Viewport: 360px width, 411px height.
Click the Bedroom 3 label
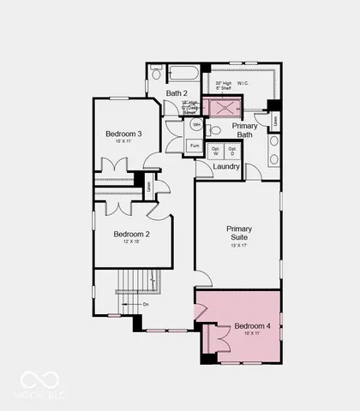click(x=123, y=134)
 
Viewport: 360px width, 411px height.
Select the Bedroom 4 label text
click(x=252, y=326)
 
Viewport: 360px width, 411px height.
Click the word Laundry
click(x=226, y=166)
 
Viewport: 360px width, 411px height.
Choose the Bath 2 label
click(x=177, y=92)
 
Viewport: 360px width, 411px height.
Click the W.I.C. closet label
click(x=261, y=83)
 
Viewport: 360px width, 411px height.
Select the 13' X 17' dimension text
click(x=238, y=247)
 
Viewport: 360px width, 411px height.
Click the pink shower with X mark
click(x=228, y=107)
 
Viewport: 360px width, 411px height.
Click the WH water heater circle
click(x=196, y=125)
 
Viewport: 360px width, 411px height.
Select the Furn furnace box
click(x=196, y=146)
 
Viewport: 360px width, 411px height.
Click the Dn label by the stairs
click(x=146, y=303)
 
